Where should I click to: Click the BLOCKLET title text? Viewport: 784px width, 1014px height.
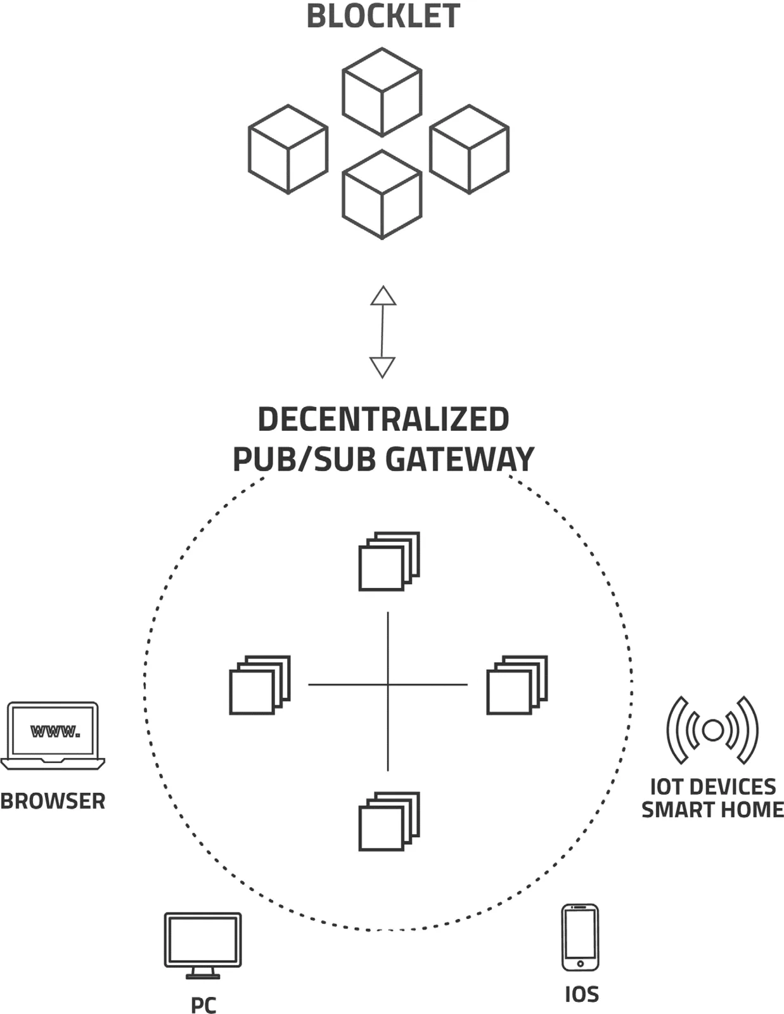tap(383, 16)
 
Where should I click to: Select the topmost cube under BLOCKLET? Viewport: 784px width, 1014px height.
tap(382, 92)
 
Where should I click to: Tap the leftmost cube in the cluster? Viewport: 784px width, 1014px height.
tap(288, 149)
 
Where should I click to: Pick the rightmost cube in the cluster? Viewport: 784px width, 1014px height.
tap(469, 149)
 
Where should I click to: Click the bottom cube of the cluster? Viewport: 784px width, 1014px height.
tap(382, 195)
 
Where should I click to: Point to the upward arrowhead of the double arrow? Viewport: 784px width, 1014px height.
tap(383, 296)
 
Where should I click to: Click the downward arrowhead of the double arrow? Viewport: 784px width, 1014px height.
tap(383, 368)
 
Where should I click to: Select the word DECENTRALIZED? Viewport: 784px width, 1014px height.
tap(383, 418)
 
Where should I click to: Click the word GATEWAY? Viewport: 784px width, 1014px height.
tap(459, 459)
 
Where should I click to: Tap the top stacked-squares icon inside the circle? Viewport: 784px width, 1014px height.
tap(389, 562)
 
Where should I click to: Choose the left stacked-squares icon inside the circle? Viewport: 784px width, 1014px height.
tap(260, 685)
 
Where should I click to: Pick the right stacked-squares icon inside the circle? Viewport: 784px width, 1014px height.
tap(517, 685)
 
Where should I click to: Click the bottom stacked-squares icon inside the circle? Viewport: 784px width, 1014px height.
tap(389, 821)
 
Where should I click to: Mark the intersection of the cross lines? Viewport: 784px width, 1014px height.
tap(388, 684)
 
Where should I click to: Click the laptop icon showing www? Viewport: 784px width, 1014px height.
tap(53, 736)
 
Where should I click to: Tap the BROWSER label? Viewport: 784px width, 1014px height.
tap(53, 801)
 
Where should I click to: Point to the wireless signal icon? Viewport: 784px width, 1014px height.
tap(712, 730)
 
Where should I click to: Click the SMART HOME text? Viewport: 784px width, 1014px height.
tap(712, 809)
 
